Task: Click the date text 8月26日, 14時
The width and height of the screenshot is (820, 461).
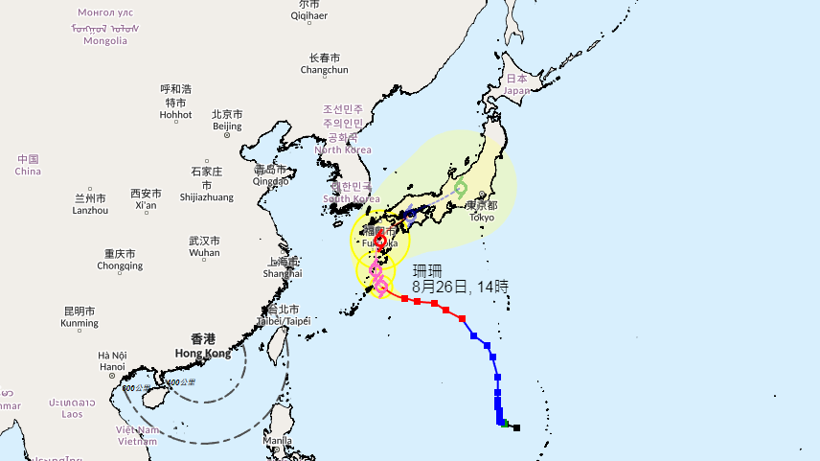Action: (x=460, y=286)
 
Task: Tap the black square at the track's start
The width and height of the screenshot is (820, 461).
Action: (x=516, y=427)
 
